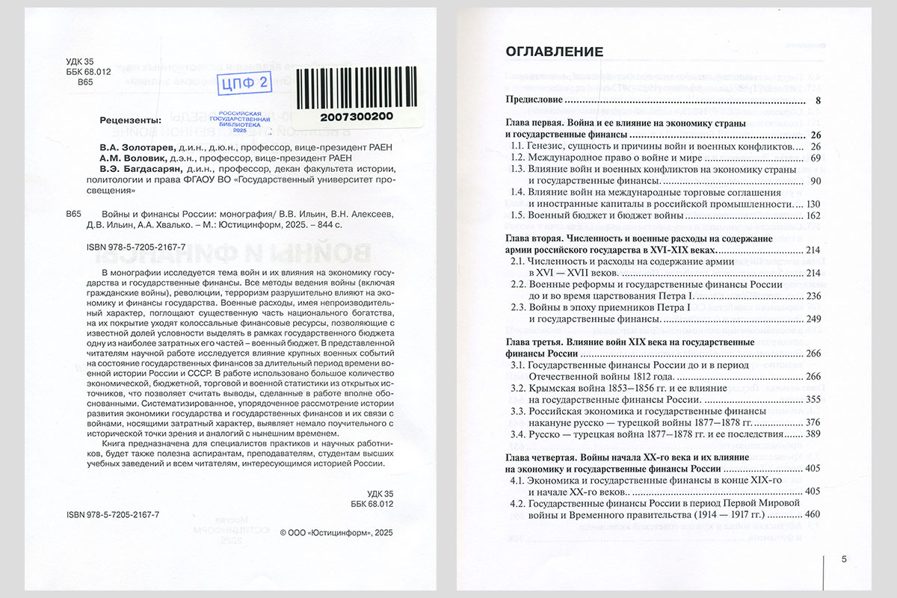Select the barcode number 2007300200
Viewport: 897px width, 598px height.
pyautogui.click(x=357, y=117)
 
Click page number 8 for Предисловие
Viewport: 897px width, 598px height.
pyautogui.click(x=818, y=100)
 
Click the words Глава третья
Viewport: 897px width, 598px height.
pyautogui.click(x=532, y=342)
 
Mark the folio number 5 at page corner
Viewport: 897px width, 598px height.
pyautogui.click(x=843, y=559)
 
